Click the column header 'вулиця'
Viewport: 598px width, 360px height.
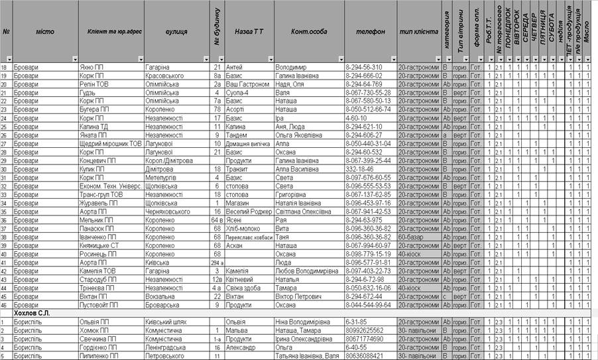(x=176, y=31)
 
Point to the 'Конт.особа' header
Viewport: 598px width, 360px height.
(x=309, y=31)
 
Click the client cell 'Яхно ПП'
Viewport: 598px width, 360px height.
(x=91, y=67)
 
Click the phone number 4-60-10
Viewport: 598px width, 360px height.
(x=359, y=118)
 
